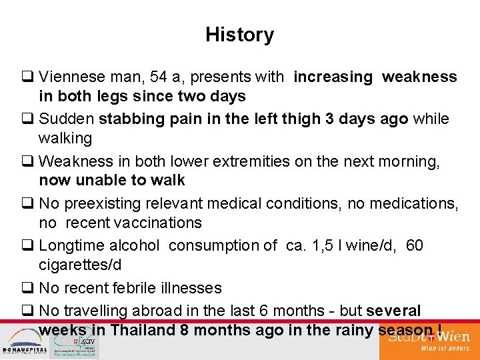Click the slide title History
click(x=239, y=35)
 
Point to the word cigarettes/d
click(x=80, y=265)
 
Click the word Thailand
click(x=143, y=330)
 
